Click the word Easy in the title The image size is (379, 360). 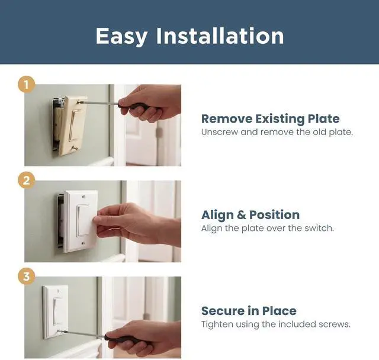(121, 36)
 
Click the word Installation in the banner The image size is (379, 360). (220, 36)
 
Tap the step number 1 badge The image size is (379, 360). (26, 85)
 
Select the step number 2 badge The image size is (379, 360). (26, 181)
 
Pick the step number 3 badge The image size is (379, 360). (26, 276)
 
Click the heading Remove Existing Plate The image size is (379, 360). (271, 118)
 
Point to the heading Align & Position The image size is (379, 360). (250, 215)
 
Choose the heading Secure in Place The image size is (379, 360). (249, 311)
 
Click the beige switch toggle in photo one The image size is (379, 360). (75, 125)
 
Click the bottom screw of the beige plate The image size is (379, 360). (75, 148)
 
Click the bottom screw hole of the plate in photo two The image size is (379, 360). (83, 243)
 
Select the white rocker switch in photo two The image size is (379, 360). (83, 220)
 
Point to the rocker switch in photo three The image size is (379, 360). (57, 311)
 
